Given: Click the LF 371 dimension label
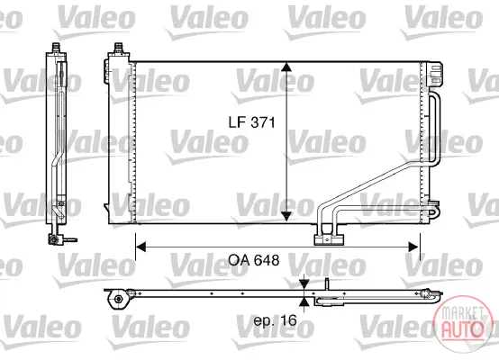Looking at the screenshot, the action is point(251,122).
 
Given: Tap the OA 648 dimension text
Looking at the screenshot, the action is point(254,260).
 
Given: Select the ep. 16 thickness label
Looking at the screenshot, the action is point(275,320).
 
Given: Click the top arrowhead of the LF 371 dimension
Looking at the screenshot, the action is point(286,67).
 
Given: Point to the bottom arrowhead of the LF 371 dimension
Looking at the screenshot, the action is point(286,216).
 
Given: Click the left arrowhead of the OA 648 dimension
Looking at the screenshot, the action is point(141,247).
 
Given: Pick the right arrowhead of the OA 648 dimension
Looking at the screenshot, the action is point(413,247).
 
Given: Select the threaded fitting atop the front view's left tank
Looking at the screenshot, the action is point(119,48).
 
